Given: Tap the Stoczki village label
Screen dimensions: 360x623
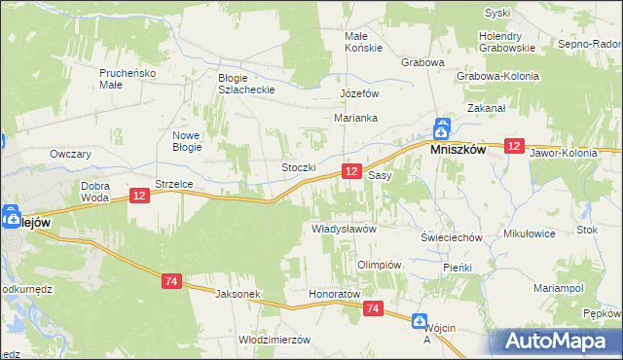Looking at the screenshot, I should pos(299,167).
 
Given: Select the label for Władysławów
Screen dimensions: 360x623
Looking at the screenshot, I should pos(343,228).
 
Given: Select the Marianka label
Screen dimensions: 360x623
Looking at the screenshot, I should pos(355,118).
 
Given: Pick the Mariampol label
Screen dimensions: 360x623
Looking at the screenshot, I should pos(558,288).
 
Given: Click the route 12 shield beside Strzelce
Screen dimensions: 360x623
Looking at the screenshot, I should pos(138,197).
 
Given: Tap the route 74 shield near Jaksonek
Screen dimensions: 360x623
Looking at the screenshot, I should pos(171,281).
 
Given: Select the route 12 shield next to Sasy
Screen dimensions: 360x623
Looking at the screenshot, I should pos(352,171).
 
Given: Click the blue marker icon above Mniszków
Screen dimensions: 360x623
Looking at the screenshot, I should pos(441,126).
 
